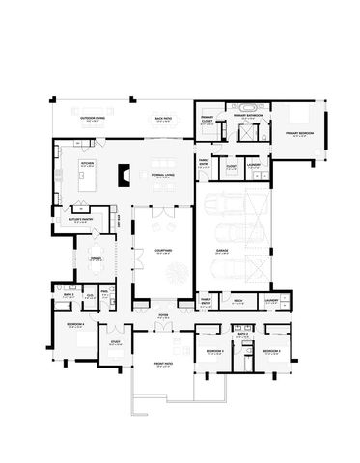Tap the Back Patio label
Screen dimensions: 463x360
(x=163, y=120)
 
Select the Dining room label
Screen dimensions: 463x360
(x=96, y=258)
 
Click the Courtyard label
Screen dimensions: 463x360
(x=161, y=251)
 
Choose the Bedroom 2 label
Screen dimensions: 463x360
(x=272, y=350)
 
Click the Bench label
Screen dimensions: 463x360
(x=236, y=301)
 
